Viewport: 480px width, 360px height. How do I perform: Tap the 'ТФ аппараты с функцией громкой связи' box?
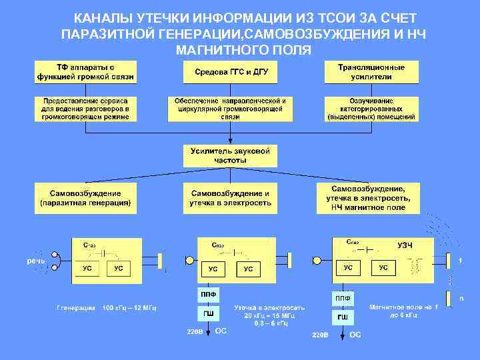pyautogui.click(x=85, y=72)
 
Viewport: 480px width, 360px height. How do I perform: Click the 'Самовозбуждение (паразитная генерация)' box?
pyautogui.click(x=85, y=198)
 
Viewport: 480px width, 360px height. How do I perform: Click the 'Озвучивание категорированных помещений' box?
pyautogui.click(x=371, y=109)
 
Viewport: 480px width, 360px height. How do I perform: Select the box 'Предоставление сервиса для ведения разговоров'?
pyautogui.click(x=85, y=109)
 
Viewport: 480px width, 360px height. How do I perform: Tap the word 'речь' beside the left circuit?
pyautogui.click(x=36, y=261)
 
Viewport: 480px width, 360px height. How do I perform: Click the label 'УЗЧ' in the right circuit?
pyautogui.click(x=405, y=245)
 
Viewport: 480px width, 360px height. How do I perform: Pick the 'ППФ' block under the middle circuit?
pyautogui.click(x=209, y=293)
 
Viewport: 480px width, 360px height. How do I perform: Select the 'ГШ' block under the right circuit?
pyautogui.click(x=342, y=317)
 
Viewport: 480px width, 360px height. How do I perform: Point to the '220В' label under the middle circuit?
pyautogui.click(x=194, y=331)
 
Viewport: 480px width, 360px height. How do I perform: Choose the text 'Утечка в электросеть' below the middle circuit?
pyautogui.click(x=269, y=307)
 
